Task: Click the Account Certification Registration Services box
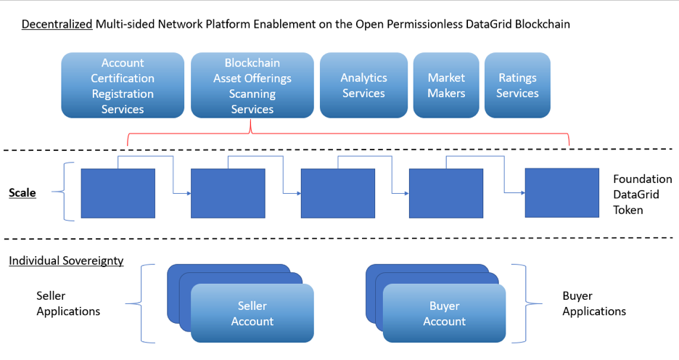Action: point(123,86)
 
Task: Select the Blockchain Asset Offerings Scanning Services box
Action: point(252,86)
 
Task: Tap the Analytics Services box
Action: point(363,86)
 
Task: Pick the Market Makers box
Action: point(446,86)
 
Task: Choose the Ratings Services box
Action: point(517,86)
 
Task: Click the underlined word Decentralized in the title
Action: point(57,24)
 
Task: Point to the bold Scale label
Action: point(22,193)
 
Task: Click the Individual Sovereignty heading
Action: point(66,261)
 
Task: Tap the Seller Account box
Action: point(252,314)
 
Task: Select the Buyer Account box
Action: point(444,314)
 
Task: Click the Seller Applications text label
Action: point(68,303)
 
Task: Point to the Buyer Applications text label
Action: point(594,303)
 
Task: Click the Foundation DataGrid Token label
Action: point(643,195)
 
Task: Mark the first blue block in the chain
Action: point(118,193)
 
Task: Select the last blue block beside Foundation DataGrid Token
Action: point(562,193)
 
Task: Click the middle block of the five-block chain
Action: point(338,193)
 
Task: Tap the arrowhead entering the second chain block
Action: point(189,193)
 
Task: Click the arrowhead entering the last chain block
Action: point(523,193)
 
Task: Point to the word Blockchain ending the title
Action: point(542,24)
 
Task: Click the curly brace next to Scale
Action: point(64,192)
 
